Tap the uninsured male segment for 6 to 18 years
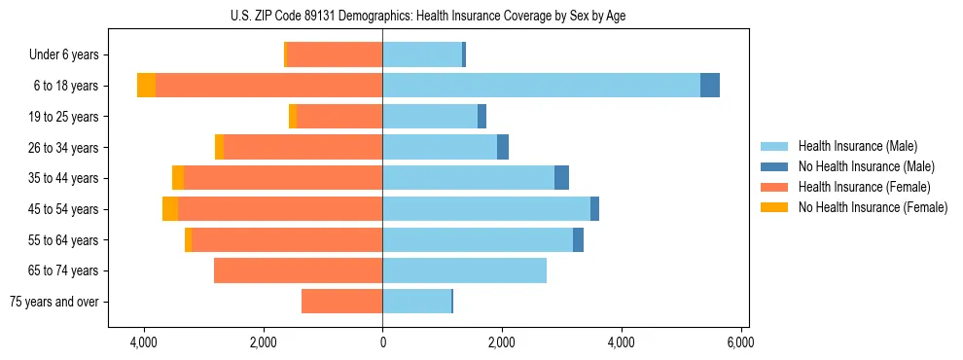pyautogui.click(x=710, y=86)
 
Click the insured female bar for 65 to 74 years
pyautogui.click(x=298, y=270)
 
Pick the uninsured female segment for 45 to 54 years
pyautogui.click(x=170, y=209)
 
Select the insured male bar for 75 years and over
pyautogui.click(x=416, y=302)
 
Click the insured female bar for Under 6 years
pyautogui.click(x=335, y=55)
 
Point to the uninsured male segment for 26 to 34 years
pyautogui.click(x=503, y=147)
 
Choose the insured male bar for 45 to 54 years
pyautogui.click(x=486, y=209)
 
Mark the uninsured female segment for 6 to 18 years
pyautogui.click(x=146, y=86)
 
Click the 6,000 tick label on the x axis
pyautogui.click(x=740, y=342)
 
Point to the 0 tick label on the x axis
pyautogui.click(x=382, y=342)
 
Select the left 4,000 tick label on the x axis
pyautogui.click(x=144, y=342)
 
